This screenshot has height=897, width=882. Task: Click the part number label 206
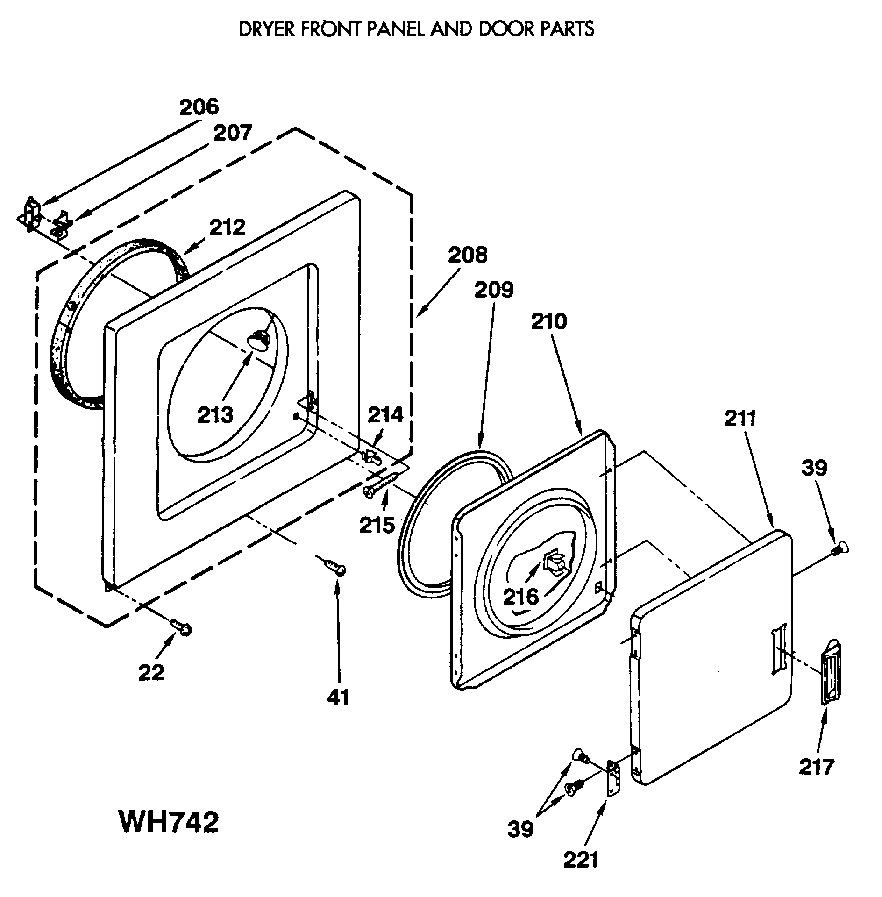pyautogui.click(x=199, y=107)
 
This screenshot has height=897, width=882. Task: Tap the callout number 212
pyautogui.click(x=227, y=228)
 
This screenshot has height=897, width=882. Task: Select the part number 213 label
pyautogui.click(x=215, y=415)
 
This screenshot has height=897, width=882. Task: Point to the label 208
pyautogui.click(x=468, y=255)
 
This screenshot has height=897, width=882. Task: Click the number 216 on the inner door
pyautogui.click(x=521, y=597)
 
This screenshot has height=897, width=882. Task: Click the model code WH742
pyautogui.click(x=168, y=822)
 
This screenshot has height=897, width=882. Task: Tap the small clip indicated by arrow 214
pyautogui.click(x=372, y=456)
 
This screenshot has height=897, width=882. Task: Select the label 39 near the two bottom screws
pyautogui.click(x=520, y=829)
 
